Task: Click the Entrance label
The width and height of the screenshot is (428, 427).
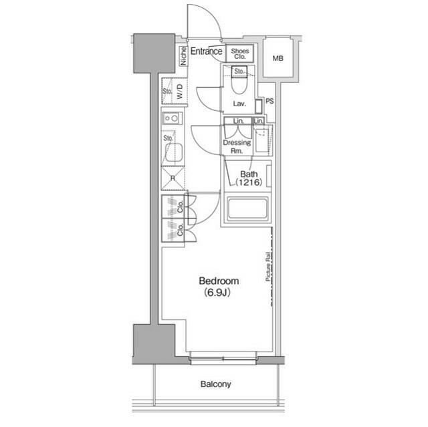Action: [x=206, y=51]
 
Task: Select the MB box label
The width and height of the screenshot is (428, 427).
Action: [x=278, y=59]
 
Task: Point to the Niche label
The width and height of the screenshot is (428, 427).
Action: [x=183, y=56]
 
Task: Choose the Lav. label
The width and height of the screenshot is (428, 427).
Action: [x=239, y=104]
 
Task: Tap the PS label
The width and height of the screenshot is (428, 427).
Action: [x=270, y=102]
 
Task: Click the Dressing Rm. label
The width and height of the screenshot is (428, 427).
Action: [x=237, y=146]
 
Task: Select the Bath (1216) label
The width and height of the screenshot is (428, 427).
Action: [x=245, y=178]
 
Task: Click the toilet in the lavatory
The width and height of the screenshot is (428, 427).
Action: [x=239, y=85]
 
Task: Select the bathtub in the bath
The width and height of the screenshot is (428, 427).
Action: [x=247, y=209]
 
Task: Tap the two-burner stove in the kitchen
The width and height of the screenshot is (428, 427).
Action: [x=171, y=118]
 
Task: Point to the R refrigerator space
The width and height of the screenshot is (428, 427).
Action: [x=173, y=178]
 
